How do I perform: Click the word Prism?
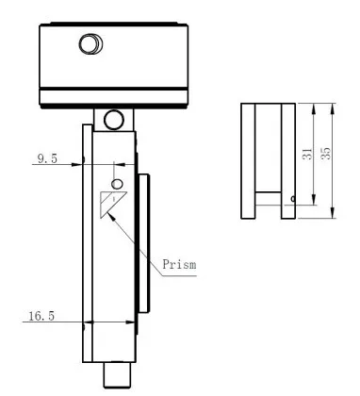click(x=180, y=265)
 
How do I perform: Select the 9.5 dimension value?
click(x=47, y=160)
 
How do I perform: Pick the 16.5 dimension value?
click(x=39, y=319)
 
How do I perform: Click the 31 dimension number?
click(x=306, y=154)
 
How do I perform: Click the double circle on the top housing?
click(x=90, y=45)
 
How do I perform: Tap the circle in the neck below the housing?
click(x=113, y=119)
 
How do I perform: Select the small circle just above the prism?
click(x=117, y=182)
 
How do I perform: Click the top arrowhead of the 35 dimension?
click(x=335, y=104)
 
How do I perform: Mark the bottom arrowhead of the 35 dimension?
click(x=335, y=216)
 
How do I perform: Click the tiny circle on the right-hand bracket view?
click(x=293, y=198)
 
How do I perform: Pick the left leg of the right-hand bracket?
click(x=247, y=160)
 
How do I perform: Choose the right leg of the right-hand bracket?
click(x=287, y=160)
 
